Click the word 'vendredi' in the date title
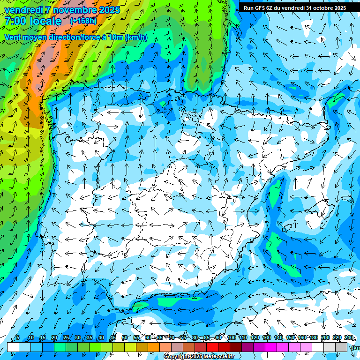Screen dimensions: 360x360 [24, 10]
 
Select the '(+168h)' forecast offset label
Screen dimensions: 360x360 [83, 21]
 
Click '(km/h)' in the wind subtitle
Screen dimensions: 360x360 [136, 37]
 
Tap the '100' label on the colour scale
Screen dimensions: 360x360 [231, 338]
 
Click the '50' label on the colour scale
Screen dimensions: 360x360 [124, 338]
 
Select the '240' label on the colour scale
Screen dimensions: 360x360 [349, 338]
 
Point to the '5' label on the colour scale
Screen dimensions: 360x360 [18, 338]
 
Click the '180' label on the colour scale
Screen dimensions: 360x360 [314, 338]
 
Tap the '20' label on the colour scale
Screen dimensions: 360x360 [54, 338]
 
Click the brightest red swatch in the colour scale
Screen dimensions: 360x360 [212, 347]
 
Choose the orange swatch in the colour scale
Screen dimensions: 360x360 [154, 347]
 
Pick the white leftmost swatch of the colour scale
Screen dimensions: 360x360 [13, 347]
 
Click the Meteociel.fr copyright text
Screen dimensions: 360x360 [199, 357]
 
